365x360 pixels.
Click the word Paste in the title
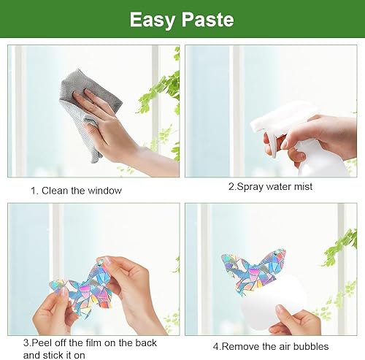(x=208, y=19)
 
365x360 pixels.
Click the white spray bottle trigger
(x=271, y=142)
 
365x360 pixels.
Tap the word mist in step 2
(x=303, y=187)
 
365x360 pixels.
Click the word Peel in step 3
(x=42, y=342)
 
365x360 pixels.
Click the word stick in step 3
(x=52, y=355)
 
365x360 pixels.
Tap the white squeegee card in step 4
(x=270, y=302)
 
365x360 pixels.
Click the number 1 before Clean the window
(x=34, y=191)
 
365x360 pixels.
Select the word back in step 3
(x=146, y=342)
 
